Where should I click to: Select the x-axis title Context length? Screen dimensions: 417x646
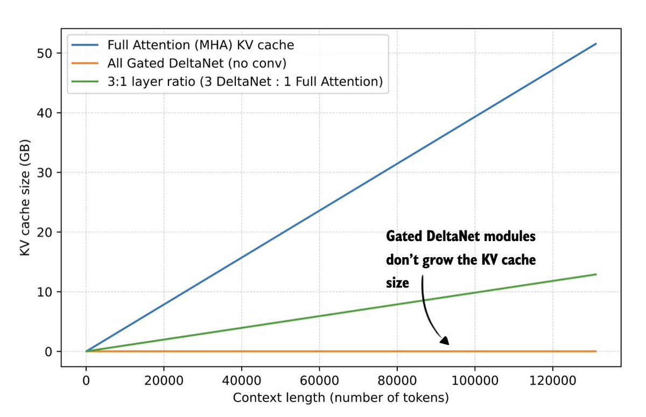coord(341,398)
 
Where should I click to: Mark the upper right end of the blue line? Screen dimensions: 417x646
coord(596,44)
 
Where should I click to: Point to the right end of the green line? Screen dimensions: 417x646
coord(596,274)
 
